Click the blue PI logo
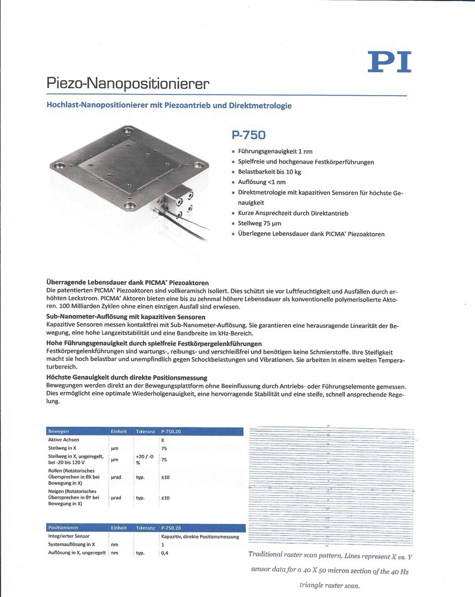click(x=389, y=62)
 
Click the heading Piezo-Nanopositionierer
click(x=128, y=85)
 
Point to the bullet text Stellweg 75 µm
click(x=259, y=223)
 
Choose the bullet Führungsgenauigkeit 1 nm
click(x=267, y=151)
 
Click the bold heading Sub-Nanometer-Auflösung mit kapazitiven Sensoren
click(x=126, y=317)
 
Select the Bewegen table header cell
click(x=59, y=431)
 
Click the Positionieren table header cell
click(x=63, y=528)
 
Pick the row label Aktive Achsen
click(x=64, y=439)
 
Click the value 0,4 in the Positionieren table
click(x=165, y=553)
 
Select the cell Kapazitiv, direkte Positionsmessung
click(x=199, y=536)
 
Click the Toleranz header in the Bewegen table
click(x=146, y=431)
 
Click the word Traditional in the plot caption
click(x=267, y=554)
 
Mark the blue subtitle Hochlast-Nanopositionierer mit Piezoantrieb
click(x=168, y=106)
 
